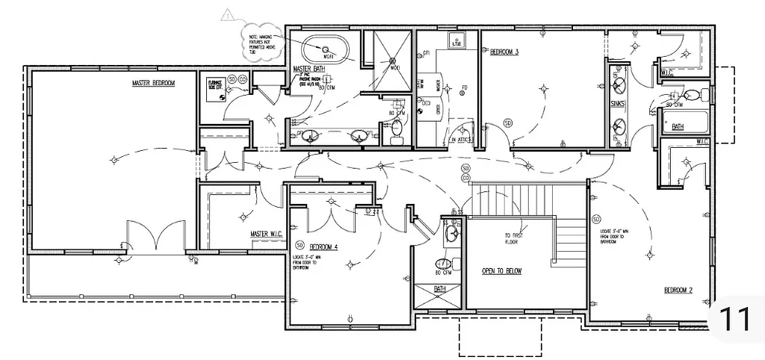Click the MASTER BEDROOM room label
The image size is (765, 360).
coord(153,83)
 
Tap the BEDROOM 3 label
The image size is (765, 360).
coord(504,52)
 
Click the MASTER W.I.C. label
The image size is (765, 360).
coord(264,235)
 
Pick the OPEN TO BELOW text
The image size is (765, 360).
coord(501,271)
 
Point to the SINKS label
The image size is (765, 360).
coord(617,104)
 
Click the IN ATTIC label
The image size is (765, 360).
coord(462,140)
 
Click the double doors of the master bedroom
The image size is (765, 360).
coord(155,238)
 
